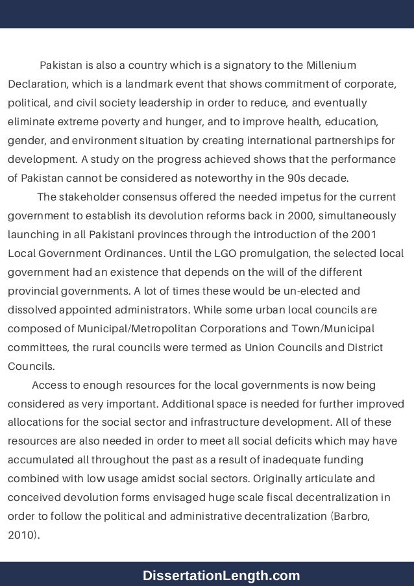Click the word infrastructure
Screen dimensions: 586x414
point(198,422)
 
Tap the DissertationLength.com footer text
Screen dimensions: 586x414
point(221,575)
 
